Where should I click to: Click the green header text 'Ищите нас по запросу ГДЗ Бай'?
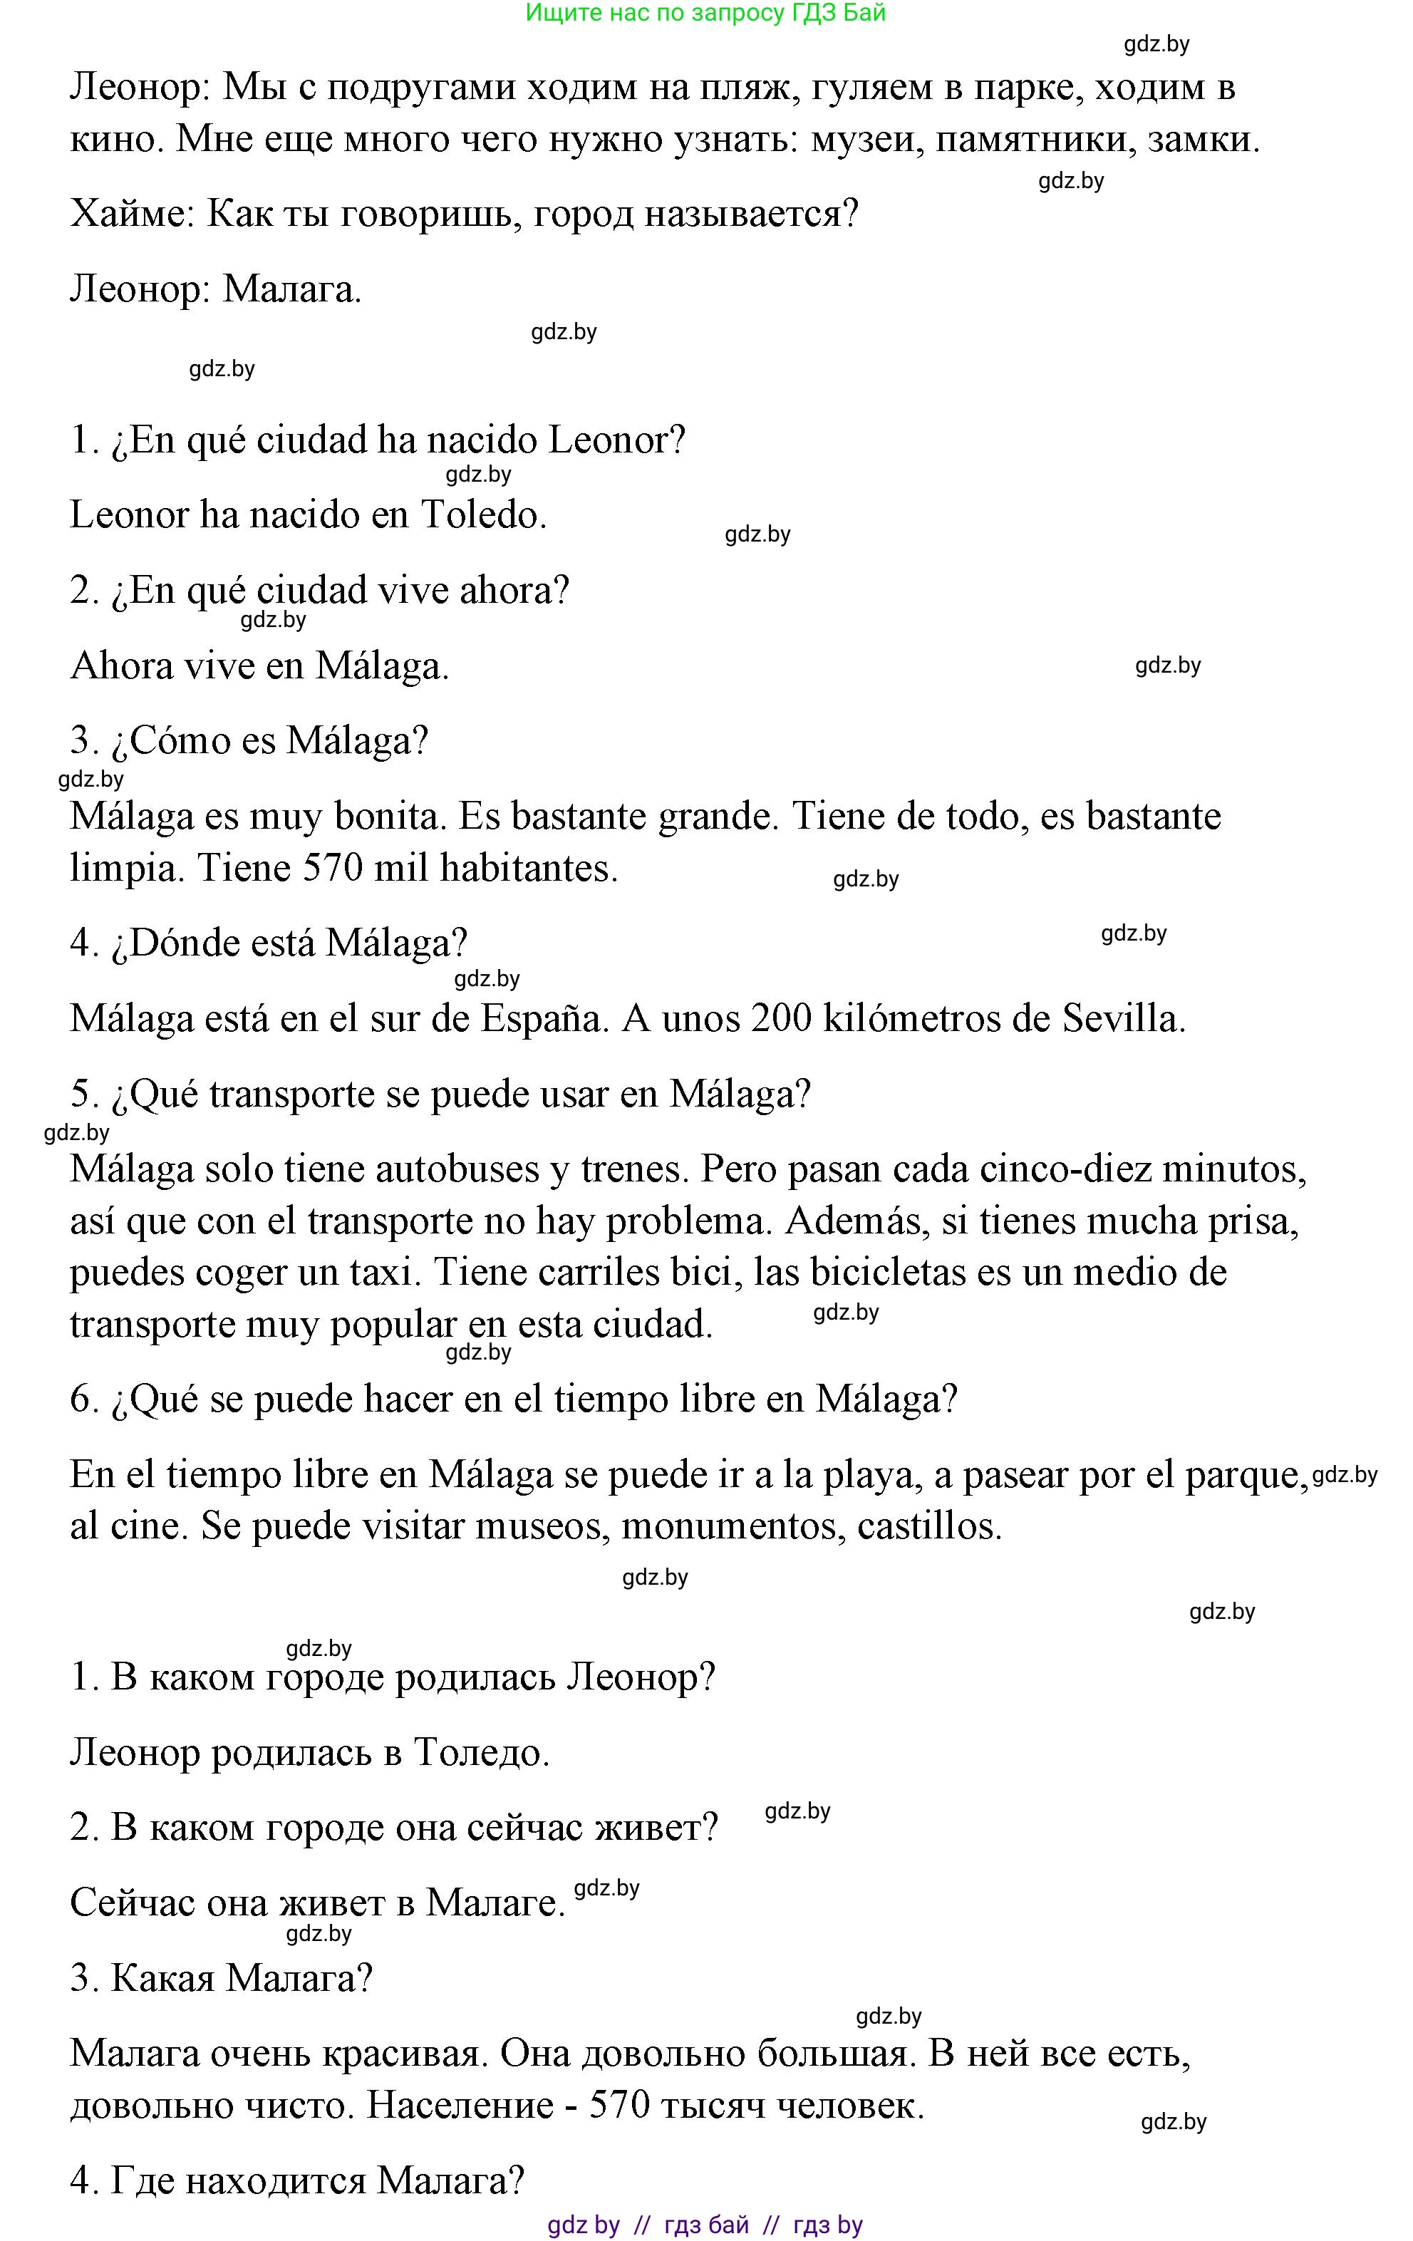705,13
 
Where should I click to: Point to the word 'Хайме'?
130,215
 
